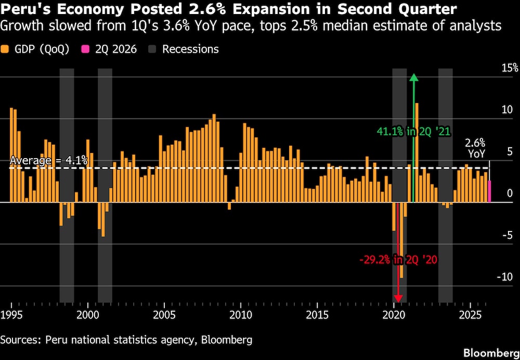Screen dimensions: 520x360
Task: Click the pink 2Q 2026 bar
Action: [489, 191]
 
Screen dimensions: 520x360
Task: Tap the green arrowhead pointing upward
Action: [413, 77]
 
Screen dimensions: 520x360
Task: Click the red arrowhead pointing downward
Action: [398, 298]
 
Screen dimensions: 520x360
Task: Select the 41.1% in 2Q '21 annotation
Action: [413, 132]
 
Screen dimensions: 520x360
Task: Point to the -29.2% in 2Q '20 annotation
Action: [398, 260]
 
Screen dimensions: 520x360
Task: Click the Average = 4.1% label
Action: [49, 161]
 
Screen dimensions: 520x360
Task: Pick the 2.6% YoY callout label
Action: [475, 148]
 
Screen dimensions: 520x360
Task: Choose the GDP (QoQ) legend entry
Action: [35, 49]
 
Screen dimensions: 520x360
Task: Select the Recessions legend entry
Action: [184, 49]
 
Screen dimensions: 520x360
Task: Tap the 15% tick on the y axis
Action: [510, 68]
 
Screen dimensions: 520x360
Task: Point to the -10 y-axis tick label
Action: [504, 277]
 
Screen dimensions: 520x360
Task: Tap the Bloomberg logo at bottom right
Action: [491, 352]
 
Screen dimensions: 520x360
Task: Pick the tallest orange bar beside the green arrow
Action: [417, 152]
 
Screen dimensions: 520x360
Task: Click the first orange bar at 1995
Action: [11, 155]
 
